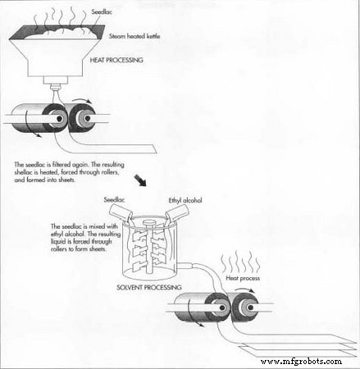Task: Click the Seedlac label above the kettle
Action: click(x=102, y=11)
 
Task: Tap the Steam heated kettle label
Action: click(x=134, y=36)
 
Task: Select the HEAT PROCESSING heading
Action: click(x=116, y=60)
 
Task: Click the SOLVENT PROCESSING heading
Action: click(x=149, y=287)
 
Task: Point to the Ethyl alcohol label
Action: click(x=185, y=200)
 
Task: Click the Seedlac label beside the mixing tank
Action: click(x=114, y=200)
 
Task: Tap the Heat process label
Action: click(x=243, y=278)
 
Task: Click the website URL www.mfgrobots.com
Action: click(x=301, y=362)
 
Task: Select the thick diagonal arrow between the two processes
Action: click(x=140, y=181)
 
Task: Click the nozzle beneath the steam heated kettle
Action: click(x=56, y=88)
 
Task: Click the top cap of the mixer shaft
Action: click(x=149, y=224)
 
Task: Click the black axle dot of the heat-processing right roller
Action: click(x=88, y=118)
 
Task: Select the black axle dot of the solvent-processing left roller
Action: click(x=222, y=308)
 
